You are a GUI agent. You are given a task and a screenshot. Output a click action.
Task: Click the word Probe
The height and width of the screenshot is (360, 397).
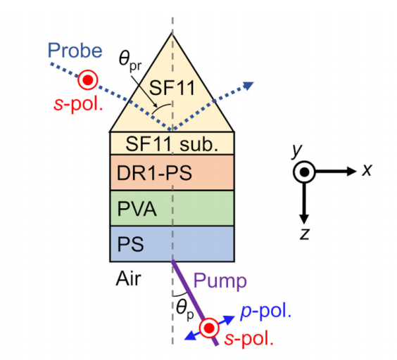tap(75, 51)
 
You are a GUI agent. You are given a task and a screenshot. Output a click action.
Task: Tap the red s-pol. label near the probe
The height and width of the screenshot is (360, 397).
tap(78, 104)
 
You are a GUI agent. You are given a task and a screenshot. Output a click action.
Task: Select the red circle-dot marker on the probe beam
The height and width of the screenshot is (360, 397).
tap(87, 80)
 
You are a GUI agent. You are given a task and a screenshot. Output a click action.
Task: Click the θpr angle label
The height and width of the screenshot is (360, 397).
tap(130, 61)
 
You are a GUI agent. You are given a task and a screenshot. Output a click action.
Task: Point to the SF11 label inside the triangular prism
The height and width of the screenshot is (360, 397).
tap(172, 88)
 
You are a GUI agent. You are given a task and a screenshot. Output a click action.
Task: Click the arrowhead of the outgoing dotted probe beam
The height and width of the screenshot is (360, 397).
tap(248, 85)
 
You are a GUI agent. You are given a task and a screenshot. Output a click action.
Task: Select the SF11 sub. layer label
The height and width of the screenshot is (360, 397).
tap(172, 144)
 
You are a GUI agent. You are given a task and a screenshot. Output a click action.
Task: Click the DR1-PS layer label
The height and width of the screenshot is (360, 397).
tap(154, 173)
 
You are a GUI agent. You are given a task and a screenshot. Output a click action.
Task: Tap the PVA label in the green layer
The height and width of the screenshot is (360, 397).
tap(137, 209)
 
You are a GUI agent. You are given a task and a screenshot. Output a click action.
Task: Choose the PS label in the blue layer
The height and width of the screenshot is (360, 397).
tap(131, 244)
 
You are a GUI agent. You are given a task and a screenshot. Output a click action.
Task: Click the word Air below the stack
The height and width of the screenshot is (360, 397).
tap(128, 278)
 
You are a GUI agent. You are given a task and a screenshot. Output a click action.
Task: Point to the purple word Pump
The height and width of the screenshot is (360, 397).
tap(220, 281)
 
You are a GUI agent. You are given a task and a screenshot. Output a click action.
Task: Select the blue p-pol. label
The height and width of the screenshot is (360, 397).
tap(266, 311)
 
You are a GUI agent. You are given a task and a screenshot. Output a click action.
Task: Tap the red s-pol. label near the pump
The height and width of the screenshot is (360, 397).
tap(249, 338)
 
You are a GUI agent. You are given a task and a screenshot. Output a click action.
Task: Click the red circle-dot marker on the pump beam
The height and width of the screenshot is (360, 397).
tap(209, 328)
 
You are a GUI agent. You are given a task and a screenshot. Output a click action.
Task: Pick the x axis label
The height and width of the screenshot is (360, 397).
tap(367, 169)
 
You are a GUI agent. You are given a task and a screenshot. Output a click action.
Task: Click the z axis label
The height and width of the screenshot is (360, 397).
tap(305, 233)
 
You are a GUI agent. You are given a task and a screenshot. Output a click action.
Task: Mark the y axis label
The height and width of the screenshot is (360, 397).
tap(297, 150)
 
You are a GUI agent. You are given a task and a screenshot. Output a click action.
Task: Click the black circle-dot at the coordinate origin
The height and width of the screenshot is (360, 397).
tap(304, 172)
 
